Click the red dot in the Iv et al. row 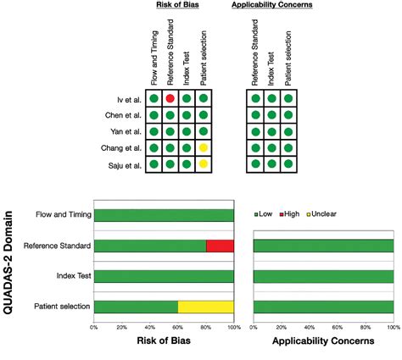click(170, 99)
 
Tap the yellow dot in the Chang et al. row click(203, 147)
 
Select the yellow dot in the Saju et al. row click(203, 163)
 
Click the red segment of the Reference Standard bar click(220, 246)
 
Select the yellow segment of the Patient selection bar click(205, 306)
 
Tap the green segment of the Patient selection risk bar click(136, 306)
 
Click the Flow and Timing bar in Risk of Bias click(164, 215)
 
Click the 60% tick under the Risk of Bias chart click(178, 326)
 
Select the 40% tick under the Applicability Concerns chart click(310, 326)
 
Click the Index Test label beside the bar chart click(69, 276)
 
